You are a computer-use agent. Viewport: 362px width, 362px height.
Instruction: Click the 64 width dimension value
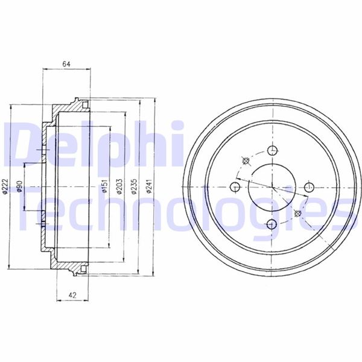[66, 64]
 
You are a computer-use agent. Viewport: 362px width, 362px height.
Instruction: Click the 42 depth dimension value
[72, 295]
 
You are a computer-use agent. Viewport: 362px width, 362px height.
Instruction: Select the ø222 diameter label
[5, 186]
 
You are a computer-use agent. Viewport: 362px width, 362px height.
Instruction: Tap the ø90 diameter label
[20, 186]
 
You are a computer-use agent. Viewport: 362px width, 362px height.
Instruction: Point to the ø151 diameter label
[104, 186]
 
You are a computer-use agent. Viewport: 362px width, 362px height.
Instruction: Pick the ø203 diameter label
[119, 186]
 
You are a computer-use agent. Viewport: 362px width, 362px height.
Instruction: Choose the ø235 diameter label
[134, 186]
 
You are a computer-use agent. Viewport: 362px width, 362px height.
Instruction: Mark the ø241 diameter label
[149, 186]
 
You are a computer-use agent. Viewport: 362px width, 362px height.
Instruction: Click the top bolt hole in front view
[273, 151]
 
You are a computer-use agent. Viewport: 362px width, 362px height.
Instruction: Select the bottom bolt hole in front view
[271, 224]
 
